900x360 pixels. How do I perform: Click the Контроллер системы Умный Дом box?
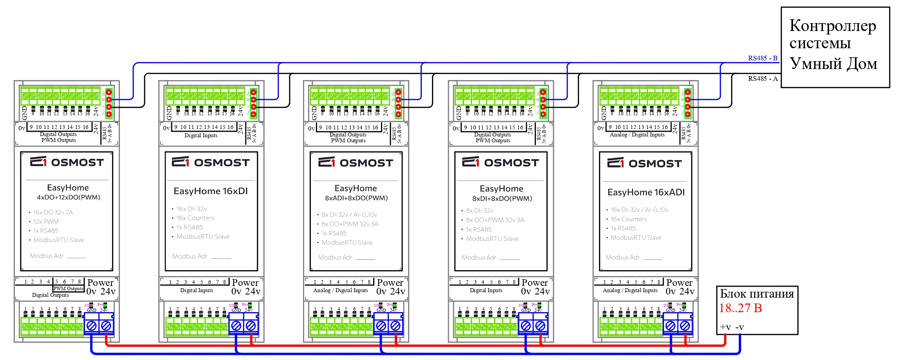(835, 47)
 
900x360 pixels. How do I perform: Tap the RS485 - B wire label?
(762, 58)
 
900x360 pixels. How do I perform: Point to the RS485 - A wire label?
(762, 78)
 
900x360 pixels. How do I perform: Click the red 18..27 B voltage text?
(740, 308)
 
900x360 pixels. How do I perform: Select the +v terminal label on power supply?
(725, 327)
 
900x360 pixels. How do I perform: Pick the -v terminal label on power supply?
(740, 327)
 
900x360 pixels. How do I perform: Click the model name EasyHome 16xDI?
(210, 191)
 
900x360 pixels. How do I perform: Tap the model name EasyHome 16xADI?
(646, 192)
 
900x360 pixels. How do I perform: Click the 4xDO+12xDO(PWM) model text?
(68, 197)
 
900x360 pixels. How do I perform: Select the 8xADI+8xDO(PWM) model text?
(356, 198)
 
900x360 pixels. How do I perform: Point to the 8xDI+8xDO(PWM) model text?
(502, 198)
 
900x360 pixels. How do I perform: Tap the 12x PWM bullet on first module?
(46, 222)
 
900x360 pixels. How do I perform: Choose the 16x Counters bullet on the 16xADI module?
(628, 219)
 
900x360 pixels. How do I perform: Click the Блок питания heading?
(757, 294)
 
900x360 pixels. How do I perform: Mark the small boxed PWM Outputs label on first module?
(69, 289)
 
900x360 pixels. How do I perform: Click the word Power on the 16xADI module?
(679, 283)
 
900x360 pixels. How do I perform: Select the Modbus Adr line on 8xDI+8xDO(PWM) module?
(490, 258)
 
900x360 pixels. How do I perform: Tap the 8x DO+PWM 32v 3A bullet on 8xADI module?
(350, 224)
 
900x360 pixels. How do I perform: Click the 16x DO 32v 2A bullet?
(53, 213)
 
